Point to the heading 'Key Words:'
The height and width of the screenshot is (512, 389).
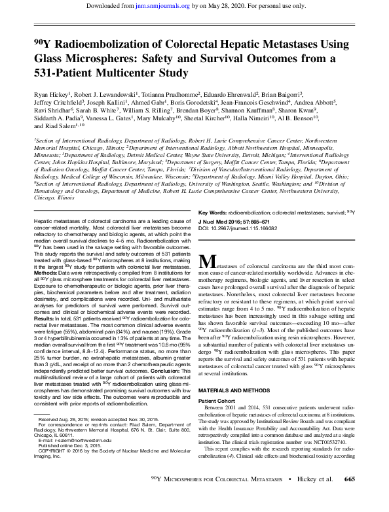pyautogui.click(x=230, y=213)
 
